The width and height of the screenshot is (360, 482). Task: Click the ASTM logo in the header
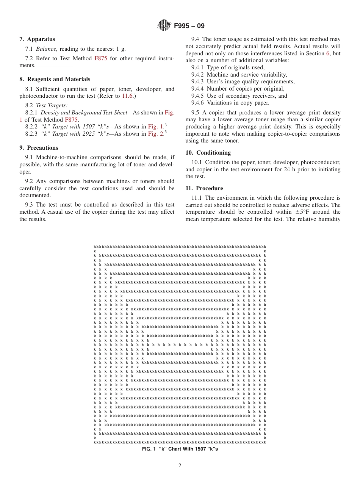tap(164, 26)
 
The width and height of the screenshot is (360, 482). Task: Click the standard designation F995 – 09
tap(189, 26)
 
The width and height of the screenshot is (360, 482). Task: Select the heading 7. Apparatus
tap(37, 39)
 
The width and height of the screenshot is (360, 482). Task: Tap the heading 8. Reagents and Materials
tap(55, 79)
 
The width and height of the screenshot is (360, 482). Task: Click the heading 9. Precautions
tap(39, 148)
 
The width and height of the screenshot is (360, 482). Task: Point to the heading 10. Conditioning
tap(208, 153)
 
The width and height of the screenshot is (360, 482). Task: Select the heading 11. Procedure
tap(204, 188)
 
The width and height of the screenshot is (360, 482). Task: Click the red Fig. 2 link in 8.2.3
tap(156, 134)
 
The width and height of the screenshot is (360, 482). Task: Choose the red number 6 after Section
tap(328, 53)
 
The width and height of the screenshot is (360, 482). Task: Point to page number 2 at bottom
tap(180, 466)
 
